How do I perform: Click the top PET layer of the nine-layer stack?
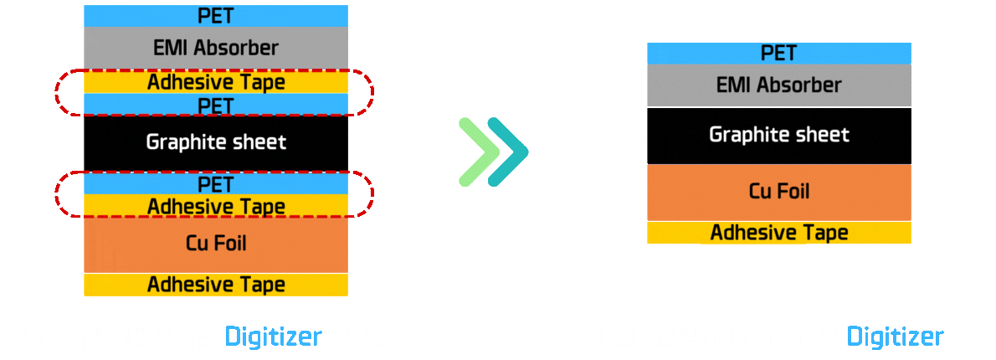[x=216, y=15]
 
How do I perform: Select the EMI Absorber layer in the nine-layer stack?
[x=216, y=48]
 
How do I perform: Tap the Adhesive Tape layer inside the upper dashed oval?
[x=216, y=82]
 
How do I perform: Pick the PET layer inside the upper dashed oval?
[x=216, y=104]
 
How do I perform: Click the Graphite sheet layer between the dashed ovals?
[x=216, y=142]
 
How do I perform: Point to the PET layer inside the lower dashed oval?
[x=216, y=183]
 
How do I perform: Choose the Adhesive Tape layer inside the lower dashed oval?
[x=216, y=205]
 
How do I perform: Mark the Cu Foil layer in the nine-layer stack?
[x=216, y=244]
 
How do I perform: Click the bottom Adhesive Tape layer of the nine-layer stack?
[x=216, y=284]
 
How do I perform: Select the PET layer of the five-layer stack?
[x=778, y=53]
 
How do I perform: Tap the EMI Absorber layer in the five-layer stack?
[x=778, y=85]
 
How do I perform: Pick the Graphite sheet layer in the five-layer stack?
[x=778, y=135]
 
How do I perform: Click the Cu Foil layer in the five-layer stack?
[x=778, y=192]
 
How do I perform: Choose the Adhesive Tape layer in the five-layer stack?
[x=778, y=232]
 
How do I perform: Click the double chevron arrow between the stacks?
[x=495, y=152]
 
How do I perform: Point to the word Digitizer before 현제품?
[x=273, y=337]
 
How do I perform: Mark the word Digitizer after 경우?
[x=895, y=337]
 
